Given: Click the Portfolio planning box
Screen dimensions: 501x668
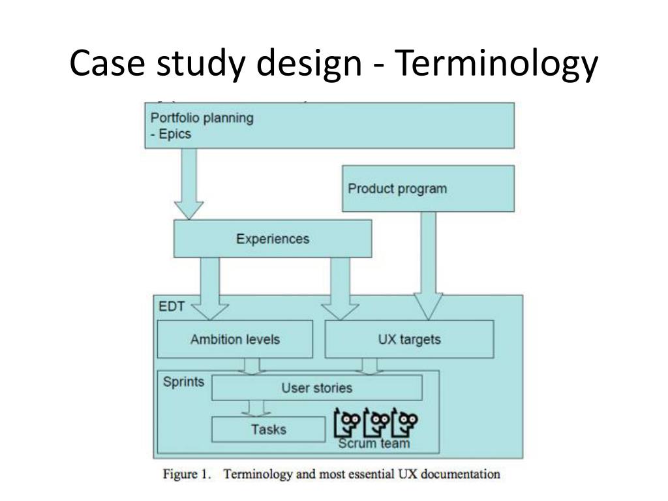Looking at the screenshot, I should point(329,125).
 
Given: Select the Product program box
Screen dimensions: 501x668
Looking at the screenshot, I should point(428,189).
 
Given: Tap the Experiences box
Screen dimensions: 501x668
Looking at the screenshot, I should point(273,239).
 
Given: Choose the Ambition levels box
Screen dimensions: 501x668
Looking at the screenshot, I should point(235,339).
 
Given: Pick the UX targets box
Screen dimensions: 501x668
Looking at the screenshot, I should point(409,339).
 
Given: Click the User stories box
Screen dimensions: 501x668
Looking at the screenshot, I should point(317,388).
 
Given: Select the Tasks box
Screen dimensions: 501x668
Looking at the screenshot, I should point(268,429).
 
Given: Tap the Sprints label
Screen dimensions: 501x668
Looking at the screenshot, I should point(183,381).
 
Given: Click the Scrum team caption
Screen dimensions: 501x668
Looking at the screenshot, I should point(374,444).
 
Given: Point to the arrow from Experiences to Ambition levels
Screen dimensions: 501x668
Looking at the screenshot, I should point(211,287).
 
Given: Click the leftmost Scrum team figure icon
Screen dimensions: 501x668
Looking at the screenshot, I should point(347,424).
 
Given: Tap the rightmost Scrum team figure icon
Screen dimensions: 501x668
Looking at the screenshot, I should point(407,424).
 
